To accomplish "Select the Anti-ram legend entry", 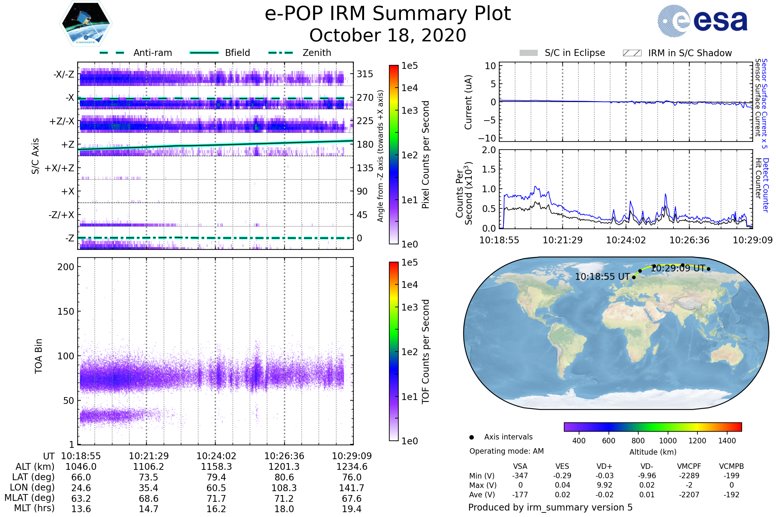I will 152,53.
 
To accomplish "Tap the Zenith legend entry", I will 317,53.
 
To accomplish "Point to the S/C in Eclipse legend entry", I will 575,53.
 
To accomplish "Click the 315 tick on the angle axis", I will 365,74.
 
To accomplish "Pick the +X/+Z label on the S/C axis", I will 59,168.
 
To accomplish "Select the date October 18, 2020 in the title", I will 388,36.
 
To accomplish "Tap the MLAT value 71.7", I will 216,499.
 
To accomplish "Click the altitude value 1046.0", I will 81,467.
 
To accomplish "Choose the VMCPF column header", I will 689,467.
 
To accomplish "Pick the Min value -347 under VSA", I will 520,476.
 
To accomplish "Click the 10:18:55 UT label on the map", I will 602,277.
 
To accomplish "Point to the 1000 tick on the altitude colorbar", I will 668,441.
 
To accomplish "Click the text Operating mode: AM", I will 506,451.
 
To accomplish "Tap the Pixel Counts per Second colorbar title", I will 426,155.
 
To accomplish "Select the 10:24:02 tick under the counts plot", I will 626,240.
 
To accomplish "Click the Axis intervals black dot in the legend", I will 472,437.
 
